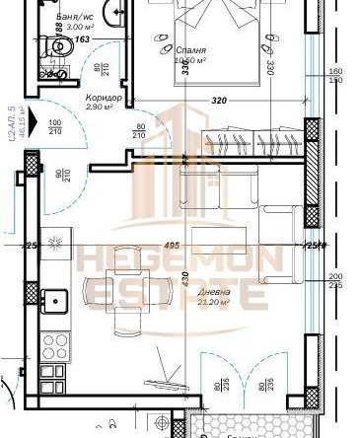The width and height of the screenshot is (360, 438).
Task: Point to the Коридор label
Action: click(103, 99)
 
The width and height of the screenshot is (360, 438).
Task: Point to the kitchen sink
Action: click(53, 296)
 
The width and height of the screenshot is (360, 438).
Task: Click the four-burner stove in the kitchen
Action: click(56, 345)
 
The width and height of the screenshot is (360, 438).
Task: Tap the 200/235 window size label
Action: click(334, 281)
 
